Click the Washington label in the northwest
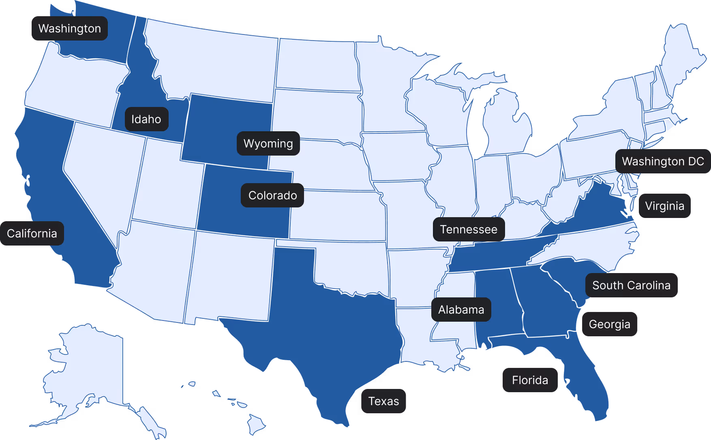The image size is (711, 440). click(70, 28)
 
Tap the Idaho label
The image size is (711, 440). click(146, 119)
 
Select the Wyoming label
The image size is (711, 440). click(268, 143)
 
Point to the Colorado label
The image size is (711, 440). click(272, 195)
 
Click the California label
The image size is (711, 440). click(32, 233)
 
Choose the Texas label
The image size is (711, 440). click(383, 401)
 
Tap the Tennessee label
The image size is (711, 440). click(469, 229)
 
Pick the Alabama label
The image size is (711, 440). click(461, 310)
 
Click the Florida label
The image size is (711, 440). click(530, 380)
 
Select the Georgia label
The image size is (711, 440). click(609, 324)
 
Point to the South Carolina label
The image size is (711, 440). click(631, 285)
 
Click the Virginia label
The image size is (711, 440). click(664, 206)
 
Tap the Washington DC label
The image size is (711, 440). click(663, 161)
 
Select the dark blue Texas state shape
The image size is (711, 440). click(336, 324)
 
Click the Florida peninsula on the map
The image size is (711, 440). click(588, 385)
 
